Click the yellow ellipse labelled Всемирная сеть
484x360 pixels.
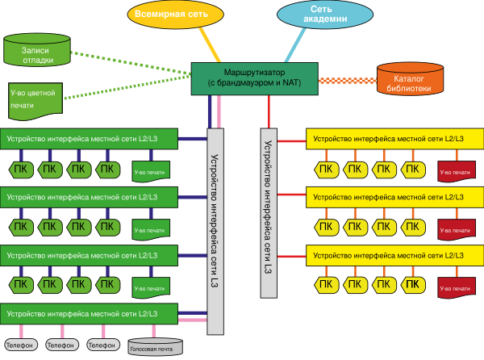pyautogui.click(x=175, y=15)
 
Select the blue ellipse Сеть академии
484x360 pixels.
pyautogui.click(x=325, y=15)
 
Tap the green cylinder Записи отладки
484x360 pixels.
pyautogui.click(x=37, y=50)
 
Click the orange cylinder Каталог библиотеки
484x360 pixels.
pyautogui.click(x=410, y=79)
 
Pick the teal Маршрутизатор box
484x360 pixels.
pyautogui.click(x=255, y=79)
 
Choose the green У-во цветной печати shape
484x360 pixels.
pyautogui.click(x=35, y=101)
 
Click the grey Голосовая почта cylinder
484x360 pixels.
pyautogui.click(x=155, y=347)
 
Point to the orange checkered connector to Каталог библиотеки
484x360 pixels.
pyautogui.click(x=348, y=81)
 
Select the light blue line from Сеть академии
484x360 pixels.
pyautogui.click(x=295, y=45)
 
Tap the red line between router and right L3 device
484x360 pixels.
pyautogui.click(x=269, y=111)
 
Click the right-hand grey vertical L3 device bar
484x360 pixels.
pyautogui.click(x=269, y=213)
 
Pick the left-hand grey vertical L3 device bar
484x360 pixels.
pyautogui.click(x=215, y=231)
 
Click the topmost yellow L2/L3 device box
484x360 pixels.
pyautogui.click(x=394, y=139)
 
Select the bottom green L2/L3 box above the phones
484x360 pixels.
pyautogui.click(x=89, y=314)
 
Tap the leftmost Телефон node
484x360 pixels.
pyautogui.click(x=21, y=345)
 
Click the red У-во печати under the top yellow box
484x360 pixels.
pyautogui.click(x=457, y=171)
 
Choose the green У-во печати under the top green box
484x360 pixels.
pyautogui.click(x=151, y=171)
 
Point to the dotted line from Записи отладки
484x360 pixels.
pyautogui.click(x=131, y=64)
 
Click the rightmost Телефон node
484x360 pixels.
pyautogui.click(x=103, y=345)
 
